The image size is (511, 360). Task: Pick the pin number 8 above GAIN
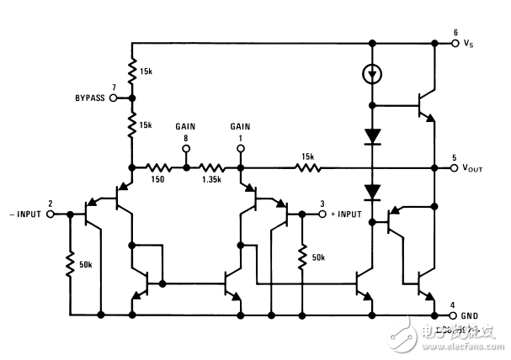pyautogui.click(x=186, y=140)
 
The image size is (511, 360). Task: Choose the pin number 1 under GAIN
pyautogui.click(x=241, y=140)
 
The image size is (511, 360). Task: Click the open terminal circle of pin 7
pyautogui.click(x=113, y=98)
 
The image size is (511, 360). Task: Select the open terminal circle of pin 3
pyautogui.click(x=321, y=214)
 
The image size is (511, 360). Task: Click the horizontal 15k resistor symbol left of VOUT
pyautogui.click(x=306, y=167)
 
